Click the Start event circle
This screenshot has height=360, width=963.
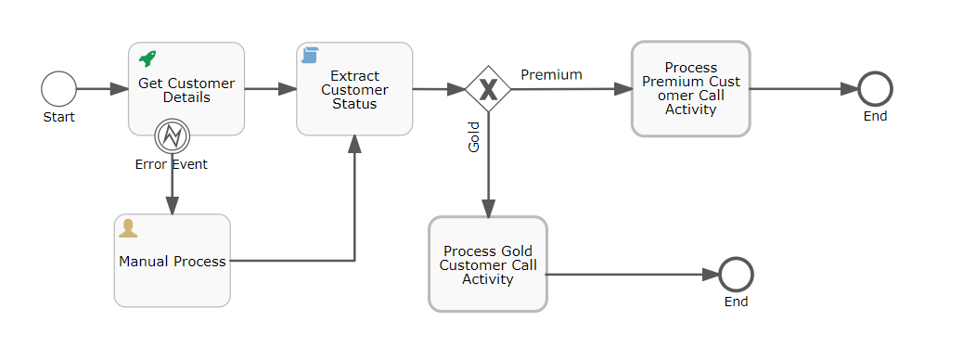click(x=58, y=90)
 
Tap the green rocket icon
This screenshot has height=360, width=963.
click(x=148, y=58)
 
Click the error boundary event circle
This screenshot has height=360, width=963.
click(x=172, y=136)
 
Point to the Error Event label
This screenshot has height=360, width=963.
click(x=172, y=164)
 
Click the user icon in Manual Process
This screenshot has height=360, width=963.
click(x=129, y=229)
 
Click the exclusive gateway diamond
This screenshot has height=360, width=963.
click(x=488, y=89)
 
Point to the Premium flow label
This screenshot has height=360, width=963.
click(x=551, y=74)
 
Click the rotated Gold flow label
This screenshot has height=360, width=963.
click(x=474, y=136)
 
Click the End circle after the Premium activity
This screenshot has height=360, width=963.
click(x=875, y=89)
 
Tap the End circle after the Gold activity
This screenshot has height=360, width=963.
click(x=736, y=275)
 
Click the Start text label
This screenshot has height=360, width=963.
click(x=58, y=117)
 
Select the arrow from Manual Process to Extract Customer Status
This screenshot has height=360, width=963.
click(x=297, y=261)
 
